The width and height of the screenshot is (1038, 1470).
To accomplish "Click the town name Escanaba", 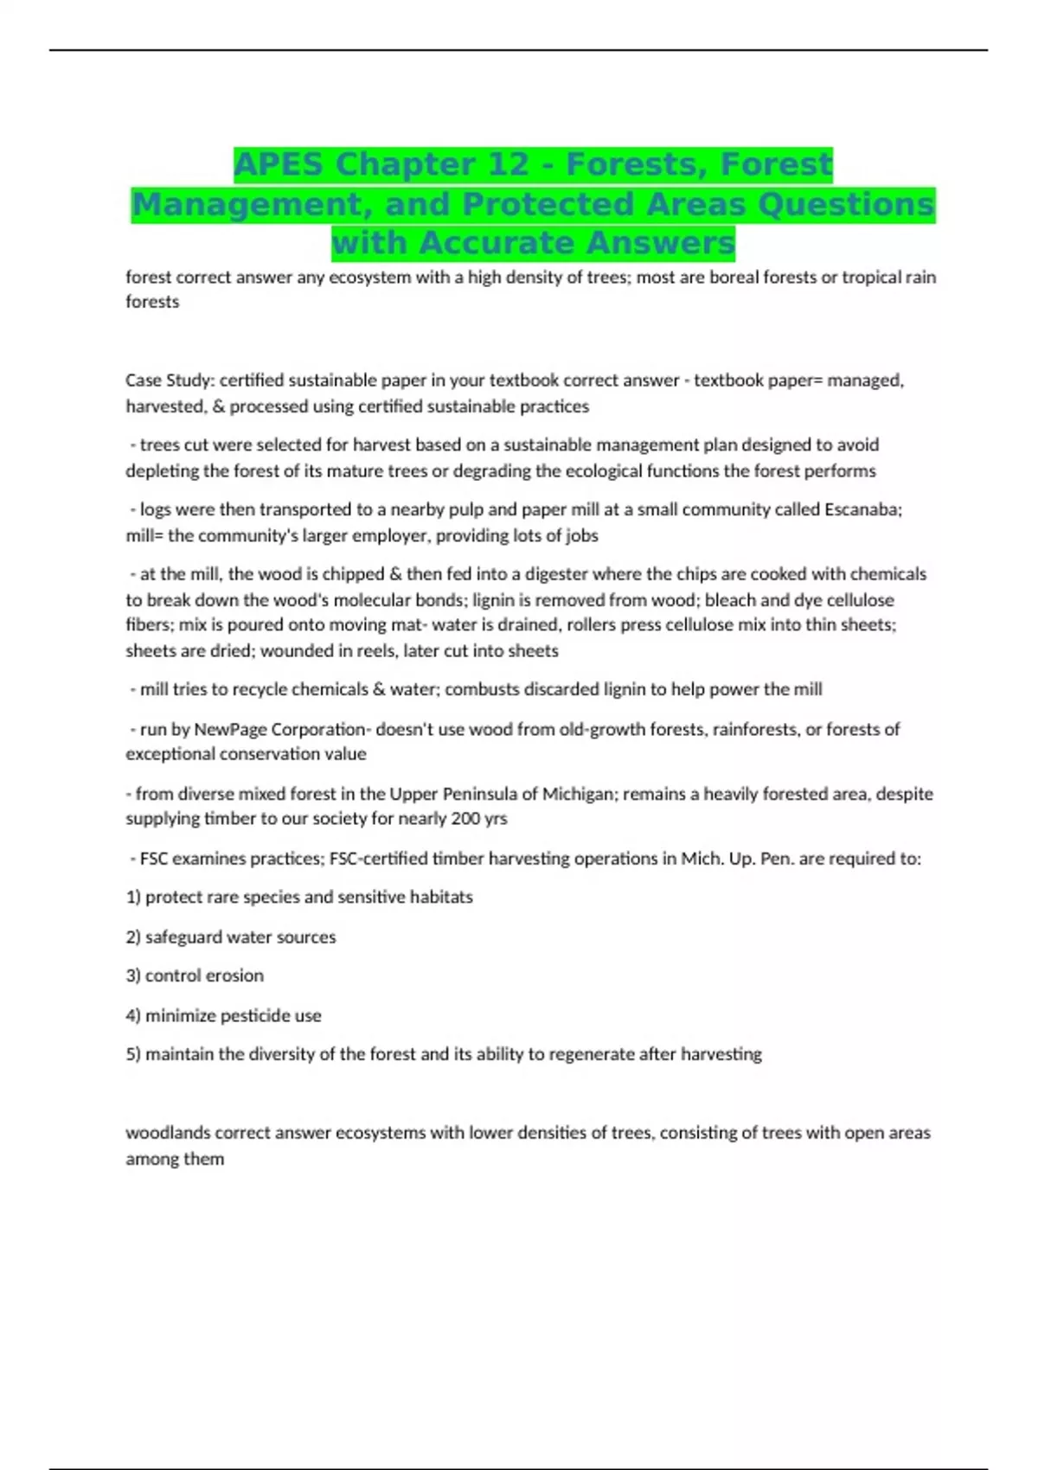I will (862, 509).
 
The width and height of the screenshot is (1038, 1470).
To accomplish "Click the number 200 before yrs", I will (466, 819).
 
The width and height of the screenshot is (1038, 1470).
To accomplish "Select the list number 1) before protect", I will (133, 898).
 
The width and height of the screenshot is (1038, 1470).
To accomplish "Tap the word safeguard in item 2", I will (183, 937).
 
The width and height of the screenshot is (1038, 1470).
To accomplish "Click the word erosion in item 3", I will (234, 975).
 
